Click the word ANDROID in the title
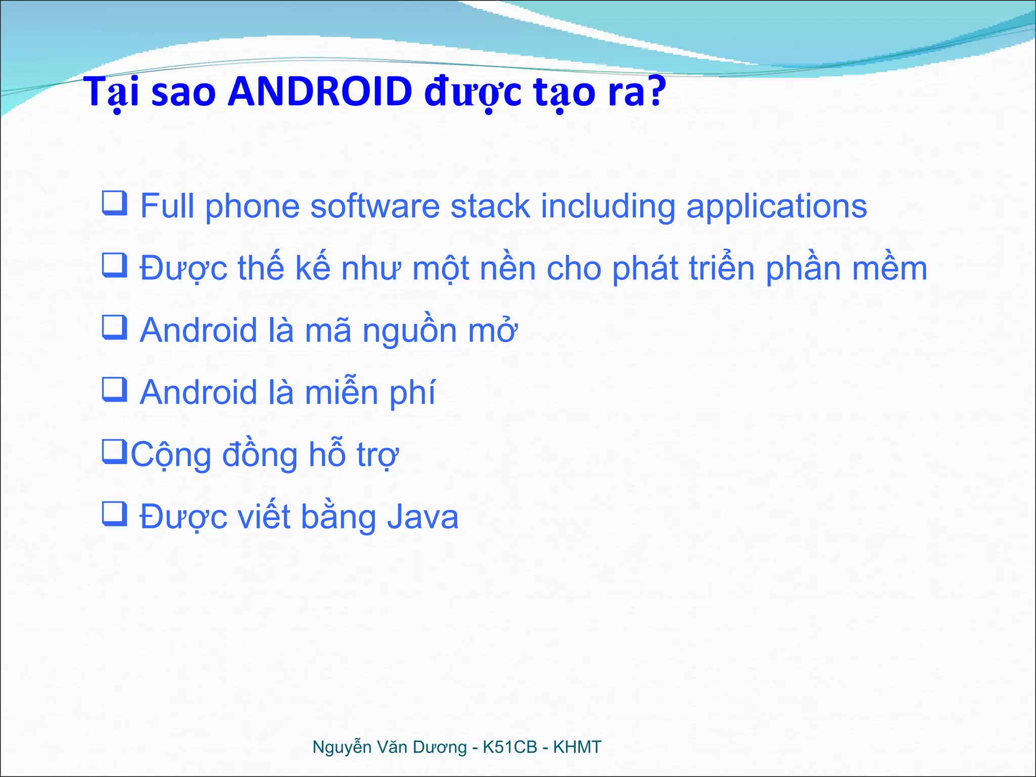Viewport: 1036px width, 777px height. pos(320,92)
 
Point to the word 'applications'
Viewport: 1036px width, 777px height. pos(776,207)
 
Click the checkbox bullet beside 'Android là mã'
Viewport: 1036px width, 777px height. pos(114,327)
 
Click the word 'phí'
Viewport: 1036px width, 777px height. pos(412,394)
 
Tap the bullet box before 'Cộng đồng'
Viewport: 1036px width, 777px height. pos(114,451)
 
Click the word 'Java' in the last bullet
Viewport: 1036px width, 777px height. pos(423,517)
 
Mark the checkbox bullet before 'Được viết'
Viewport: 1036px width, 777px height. pos(114,513)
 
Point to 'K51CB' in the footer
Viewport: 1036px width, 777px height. pos(510,747)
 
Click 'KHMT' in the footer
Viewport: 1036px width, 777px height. pos(577,747)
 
